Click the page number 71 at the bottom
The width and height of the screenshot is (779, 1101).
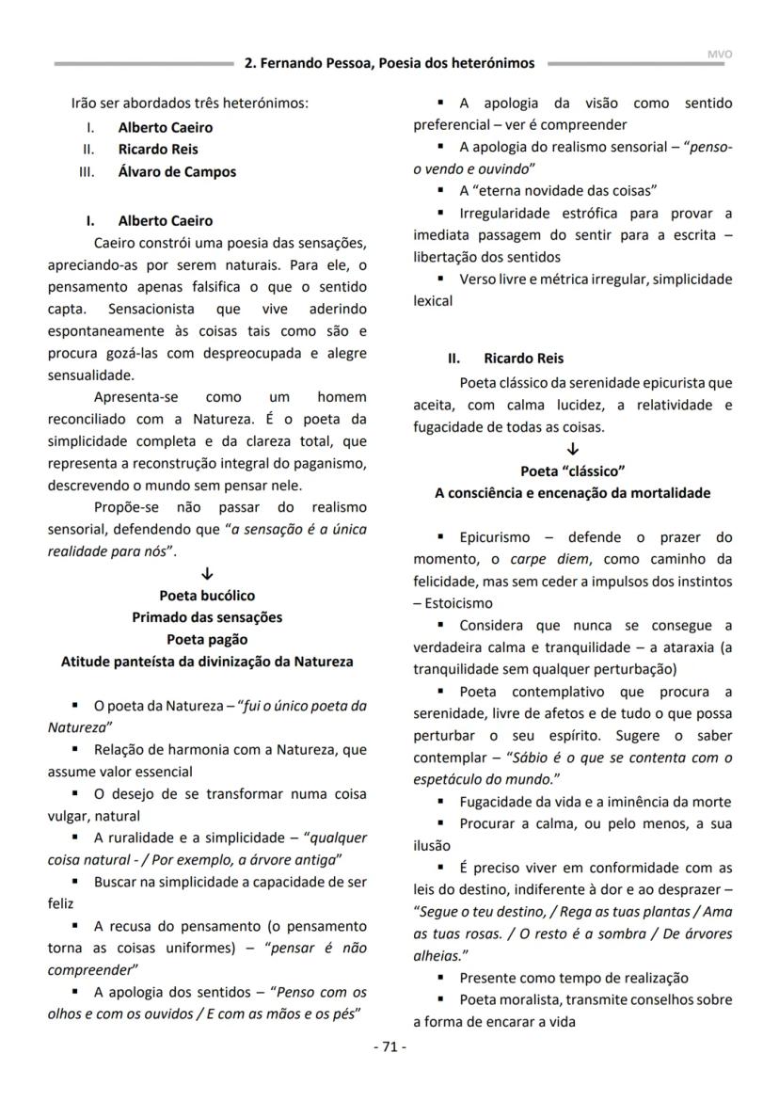click(389, 1047)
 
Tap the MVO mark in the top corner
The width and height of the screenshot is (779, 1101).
click(719, 55)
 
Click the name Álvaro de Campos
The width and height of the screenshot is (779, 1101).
click(177, 171)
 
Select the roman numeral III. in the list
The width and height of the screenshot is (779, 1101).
click(91, 171)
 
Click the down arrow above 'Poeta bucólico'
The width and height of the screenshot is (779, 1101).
click(207, 574)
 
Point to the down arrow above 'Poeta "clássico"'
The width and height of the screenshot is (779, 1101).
click(573, 450)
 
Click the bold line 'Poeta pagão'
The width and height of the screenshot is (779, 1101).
click(207, 640)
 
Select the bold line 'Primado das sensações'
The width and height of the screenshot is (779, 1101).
click(207, 617)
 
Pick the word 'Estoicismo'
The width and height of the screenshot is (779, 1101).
click(459, 603)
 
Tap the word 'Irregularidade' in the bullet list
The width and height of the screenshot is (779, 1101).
click(504, 213)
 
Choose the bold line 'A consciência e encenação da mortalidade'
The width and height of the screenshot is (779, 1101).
click(573, 493)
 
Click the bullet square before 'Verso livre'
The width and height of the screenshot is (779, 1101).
click(440, 279)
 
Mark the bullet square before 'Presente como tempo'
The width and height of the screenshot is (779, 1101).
click(440, 977)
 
